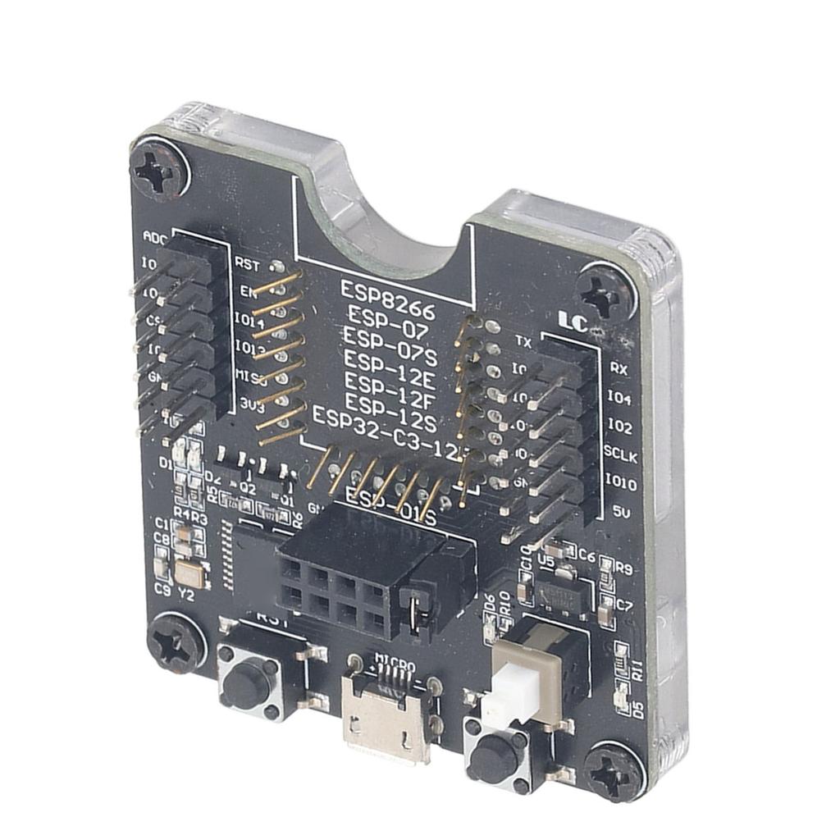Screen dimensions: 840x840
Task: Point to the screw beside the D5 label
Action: (614, 770)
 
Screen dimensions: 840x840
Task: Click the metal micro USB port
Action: (388, 720)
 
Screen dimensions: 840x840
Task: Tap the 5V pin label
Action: (621, 510)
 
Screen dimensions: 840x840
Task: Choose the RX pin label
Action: (619, 368)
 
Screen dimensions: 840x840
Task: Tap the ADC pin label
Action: (154, 236)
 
